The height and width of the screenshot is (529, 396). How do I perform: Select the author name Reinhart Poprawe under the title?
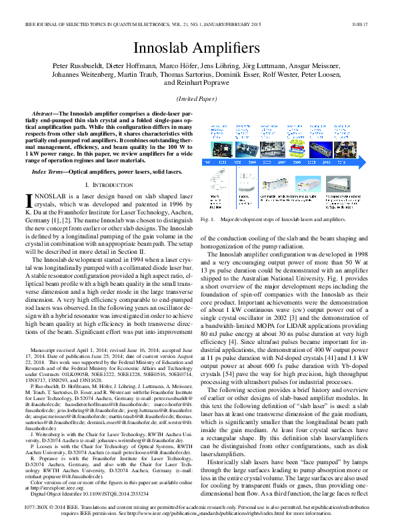[x=215, y=84]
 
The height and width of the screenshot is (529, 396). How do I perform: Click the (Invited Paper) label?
[x=198, y=98]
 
